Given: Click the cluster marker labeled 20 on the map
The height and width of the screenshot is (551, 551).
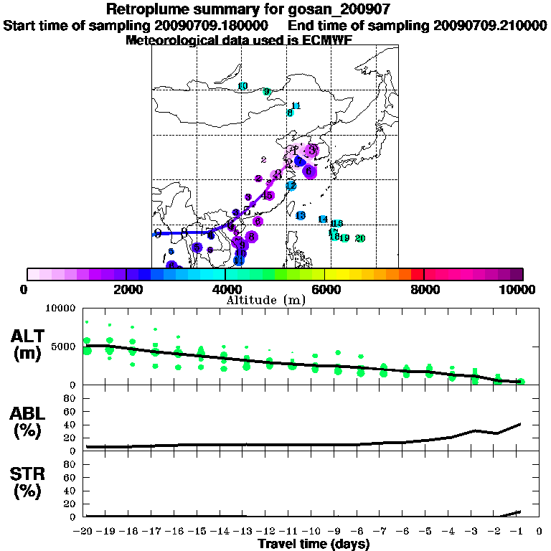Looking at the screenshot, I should [x=360, y=238].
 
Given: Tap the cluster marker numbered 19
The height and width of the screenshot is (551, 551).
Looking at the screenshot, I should [x=345, y=238].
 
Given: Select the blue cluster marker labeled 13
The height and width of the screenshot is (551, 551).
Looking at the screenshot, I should [x=301, y=216].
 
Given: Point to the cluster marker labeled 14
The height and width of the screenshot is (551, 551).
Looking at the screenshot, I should [x=323, y=220].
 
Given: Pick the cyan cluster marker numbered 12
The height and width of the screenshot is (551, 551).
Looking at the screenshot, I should [x=291, y=186].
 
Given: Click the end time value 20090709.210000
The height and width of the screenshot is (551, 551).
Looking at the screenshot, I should [x=490, y=25].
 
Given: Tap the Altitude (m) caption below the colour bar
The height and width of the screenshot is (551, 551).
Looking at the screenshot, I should [x=266, y=300].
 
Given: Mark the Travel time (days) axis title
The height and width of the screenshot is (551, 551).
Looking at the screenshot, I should [x=314, y=545].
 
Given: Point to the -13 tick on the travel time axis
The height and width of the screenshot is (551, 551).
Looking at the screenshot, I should [x=242, y=532].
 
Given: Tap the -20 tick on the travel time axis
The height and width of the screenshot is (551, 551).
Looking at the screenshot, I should [x=84, y=532].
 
